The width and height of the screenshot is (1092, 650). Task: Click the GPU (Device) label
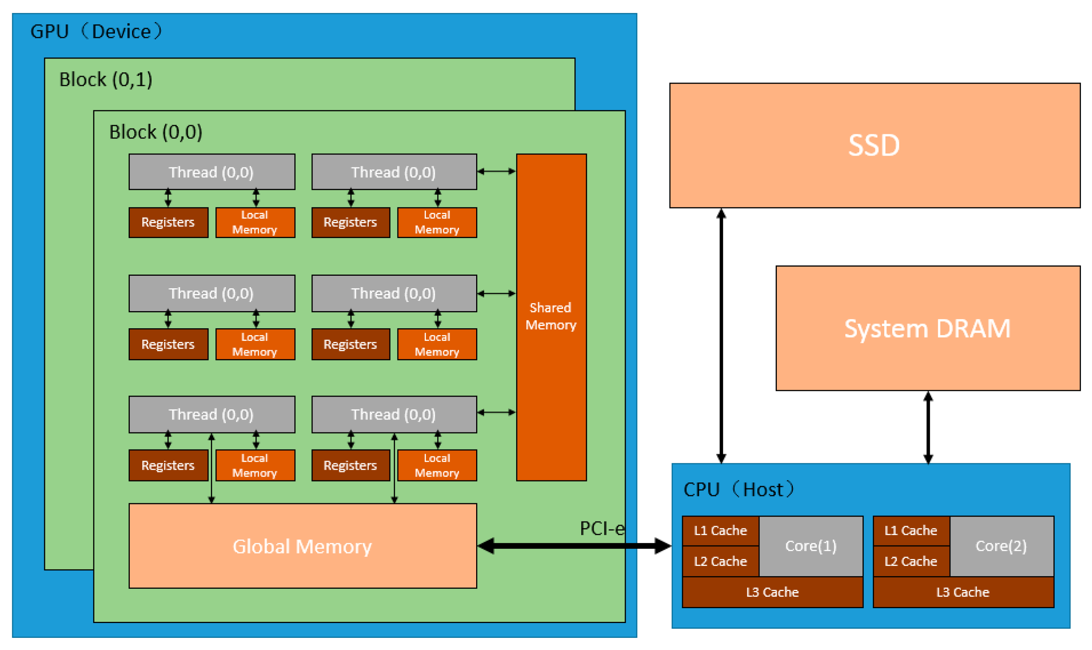(96, 32)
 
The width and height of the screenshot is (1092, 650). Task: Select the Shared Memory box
(551, 317)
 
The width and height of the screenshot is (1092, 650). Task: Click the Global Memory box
(302, 546)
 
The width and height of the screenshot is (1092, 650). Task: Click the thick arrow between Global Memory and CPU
(574, 546)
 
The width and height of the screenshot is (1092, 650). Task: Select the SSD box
(875, 145)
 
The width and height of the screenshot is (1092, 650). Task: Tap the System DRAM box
(928, 328)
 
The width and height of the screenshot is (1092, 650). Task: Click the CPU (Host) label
(739, 489)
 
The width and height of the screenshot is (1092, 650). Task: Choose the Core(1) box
(811, 546)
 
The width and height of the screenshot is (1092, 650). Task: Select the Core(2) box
(1001, 546)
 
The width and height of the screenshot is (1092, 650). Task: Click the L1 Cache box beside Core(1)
(721, 531)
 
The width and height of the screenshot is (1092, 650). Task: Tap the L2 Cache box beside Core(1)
(721, 561)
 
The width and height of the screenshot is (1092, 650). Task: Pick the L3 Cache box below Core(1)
(772, 592)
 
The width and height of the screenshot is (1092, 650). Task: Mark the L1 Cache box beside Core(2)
(911, 531)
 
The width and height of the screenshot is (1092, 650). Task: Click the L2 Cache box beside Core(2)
(911, 561)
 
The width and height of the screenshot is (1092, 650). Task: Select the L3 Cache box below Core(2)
(963, 592)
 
